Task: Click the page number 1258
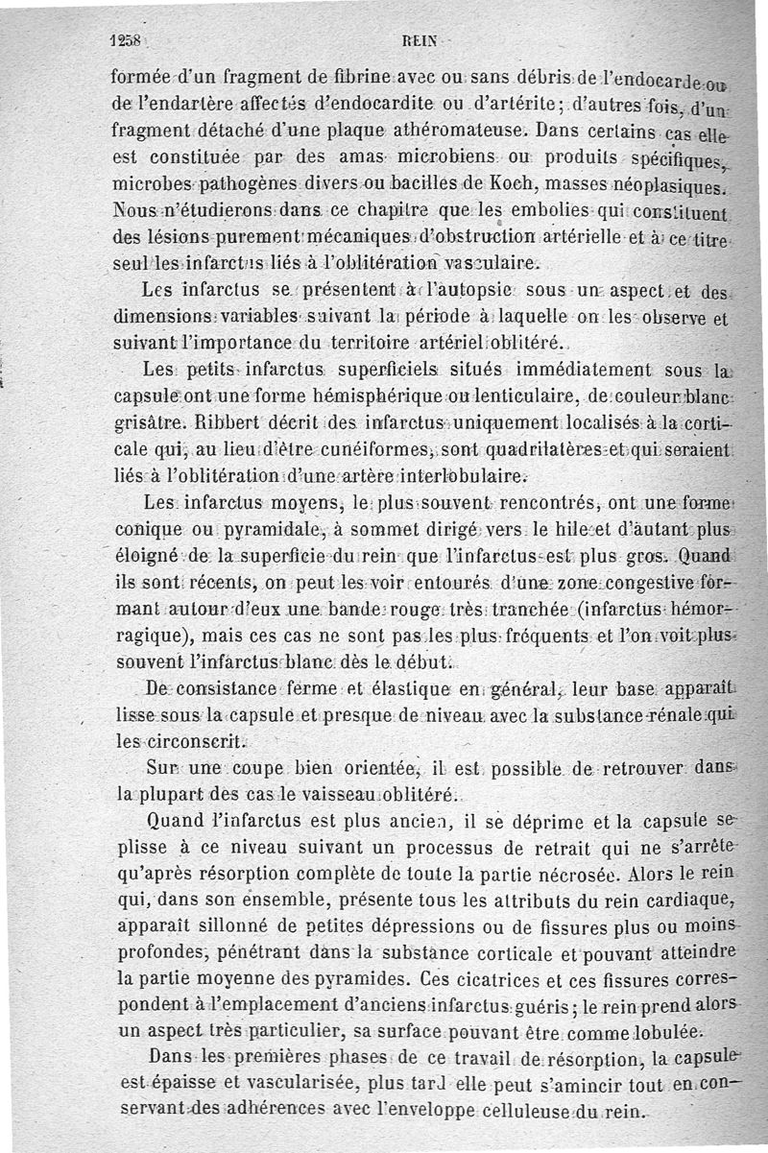[126, 41]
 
